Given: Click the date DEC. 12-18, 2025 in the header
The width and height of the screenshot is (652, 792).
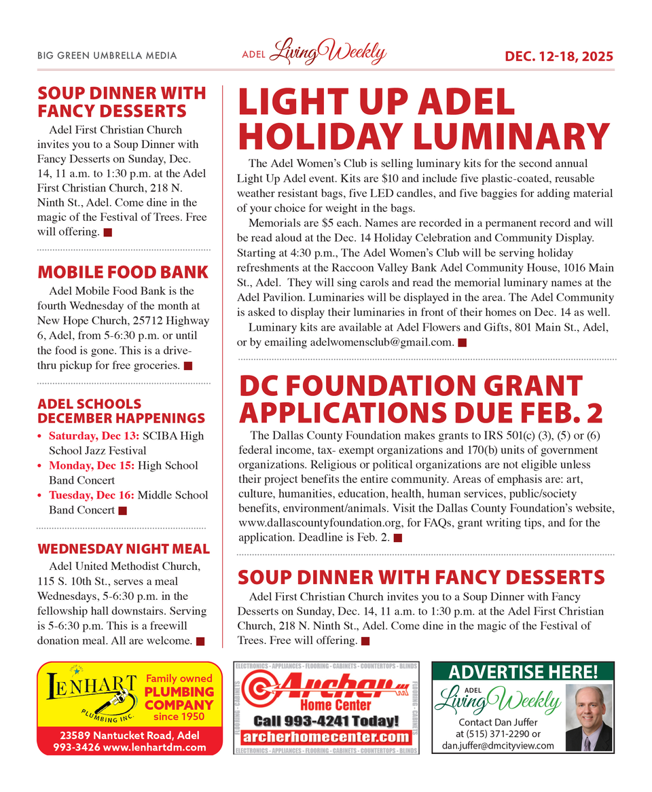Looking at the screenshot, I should tap(558, 56).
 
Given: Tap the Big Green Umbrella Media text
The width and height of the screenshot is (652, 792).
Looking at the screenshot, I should tap(107, 56).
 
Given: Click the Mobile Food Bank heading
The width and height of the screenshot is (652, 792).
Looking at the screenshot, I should tap(123, 272).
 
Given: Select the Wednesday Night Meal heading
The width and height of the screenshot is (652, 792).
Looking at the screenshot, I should tap(124, 548).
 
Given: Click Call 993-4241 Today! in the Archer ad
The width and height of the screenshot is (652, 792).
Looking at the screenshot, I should tap(325, 721).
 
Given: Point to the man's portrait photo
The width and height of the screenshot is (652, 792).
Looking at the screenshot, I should tap(588, 718).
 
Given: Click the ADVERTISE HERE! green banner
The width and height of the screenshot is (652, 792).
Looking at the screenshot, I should tap(523, 672).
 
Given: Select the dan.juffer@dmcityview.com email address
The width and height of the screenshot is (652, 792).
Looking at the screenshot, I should tap(498, 745).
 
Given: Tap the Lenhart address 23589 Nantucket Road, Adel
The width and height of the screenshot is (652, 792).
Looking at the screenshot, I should tap(129, 736).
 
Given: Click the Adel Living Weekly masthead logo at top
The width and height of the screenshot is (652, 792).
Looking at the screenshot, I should tap(314, 54).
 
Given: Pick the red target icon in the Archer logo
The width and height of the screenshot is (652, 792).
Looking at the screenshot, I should tap(259, 692).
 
